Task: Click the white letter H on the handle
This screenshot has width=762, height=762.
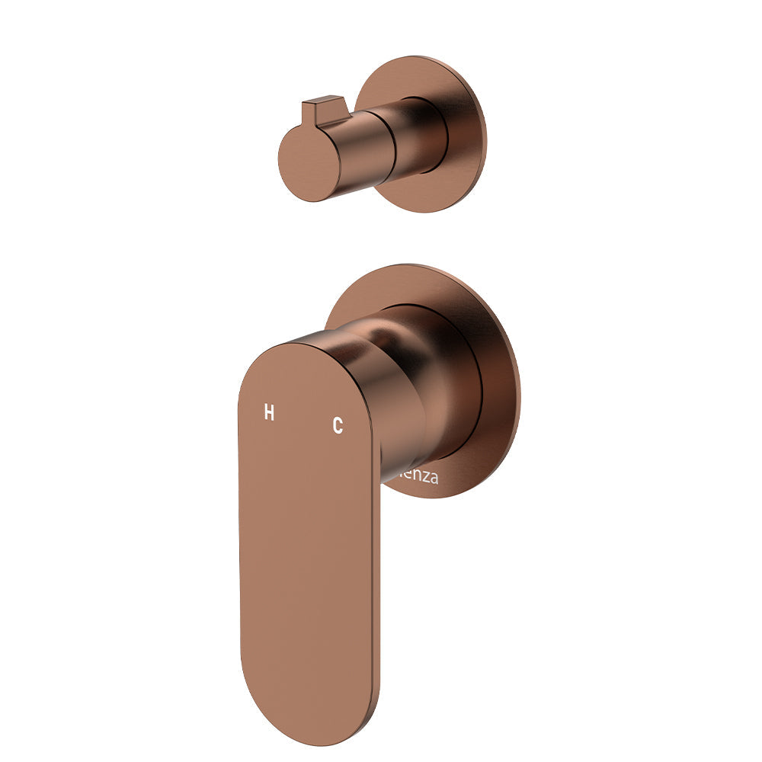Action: (269, 413)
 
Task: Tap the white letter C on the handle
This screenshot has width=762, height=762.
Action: (338, 426)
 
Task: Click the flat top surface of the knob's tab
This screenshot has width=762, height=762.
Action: (323, 101)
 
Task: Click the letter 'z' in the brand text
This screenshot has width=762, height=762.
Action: (424, 479)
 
